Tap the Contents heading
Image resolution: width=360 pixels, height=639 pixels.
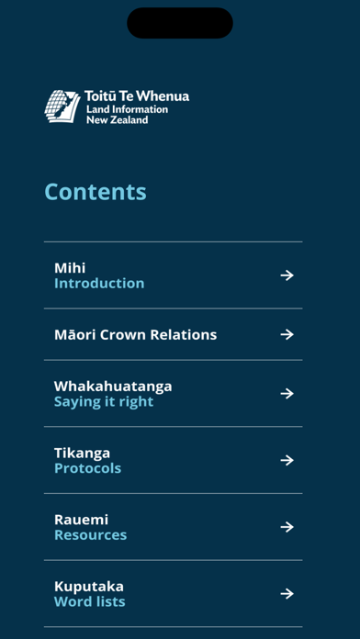click(x=96, y=192)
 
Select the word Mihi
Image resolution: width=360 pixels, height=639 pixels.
click(x=70, y=268)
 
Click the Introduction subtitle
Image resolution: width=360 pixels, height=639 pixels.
click(x=99, y=284)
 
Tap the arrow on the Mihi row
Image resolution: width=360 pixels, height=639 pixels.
click(x=287, y=275)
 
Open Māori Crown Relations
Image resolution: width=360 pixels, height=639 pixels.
click(x=135, y=334)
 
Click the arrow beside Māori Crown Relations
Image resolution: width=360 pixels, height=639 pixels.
click(x=287, y=334)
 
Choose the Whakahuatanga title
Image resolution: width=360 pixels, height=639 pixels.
click(x=113, y=386)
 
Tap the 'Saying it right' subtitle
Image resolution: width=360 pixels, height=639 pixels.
click(x=104, y=402)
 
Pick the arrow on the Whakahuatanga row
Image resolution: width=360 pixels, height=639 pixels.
click(x=287, y=394)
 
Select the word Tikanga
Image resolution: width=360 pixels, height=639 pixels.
click(x=82, y=453)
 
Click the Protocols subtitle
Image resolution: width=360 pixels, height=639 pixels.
click(x=87, y=468)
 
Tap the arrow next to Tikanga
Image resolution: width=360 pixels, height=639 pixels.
click(x=287, y=460)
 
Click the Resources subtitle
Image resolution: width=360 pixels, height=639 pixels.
click(x=90, y=535)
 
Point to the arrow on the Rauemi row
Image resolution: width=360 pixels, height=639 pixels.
click(x=287, y=527)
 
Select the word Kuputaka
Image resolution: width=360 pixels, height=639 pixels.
click(x=88, y=586)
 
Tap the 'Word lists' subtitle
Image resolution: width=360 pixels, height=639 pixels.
click(x=89, y=602)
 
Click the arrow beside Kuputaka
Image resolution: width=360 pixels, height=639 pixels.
click(x=287, y=594)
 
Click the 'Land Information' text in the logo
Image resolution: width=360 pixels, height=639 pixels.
click(x=114, y=109)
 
